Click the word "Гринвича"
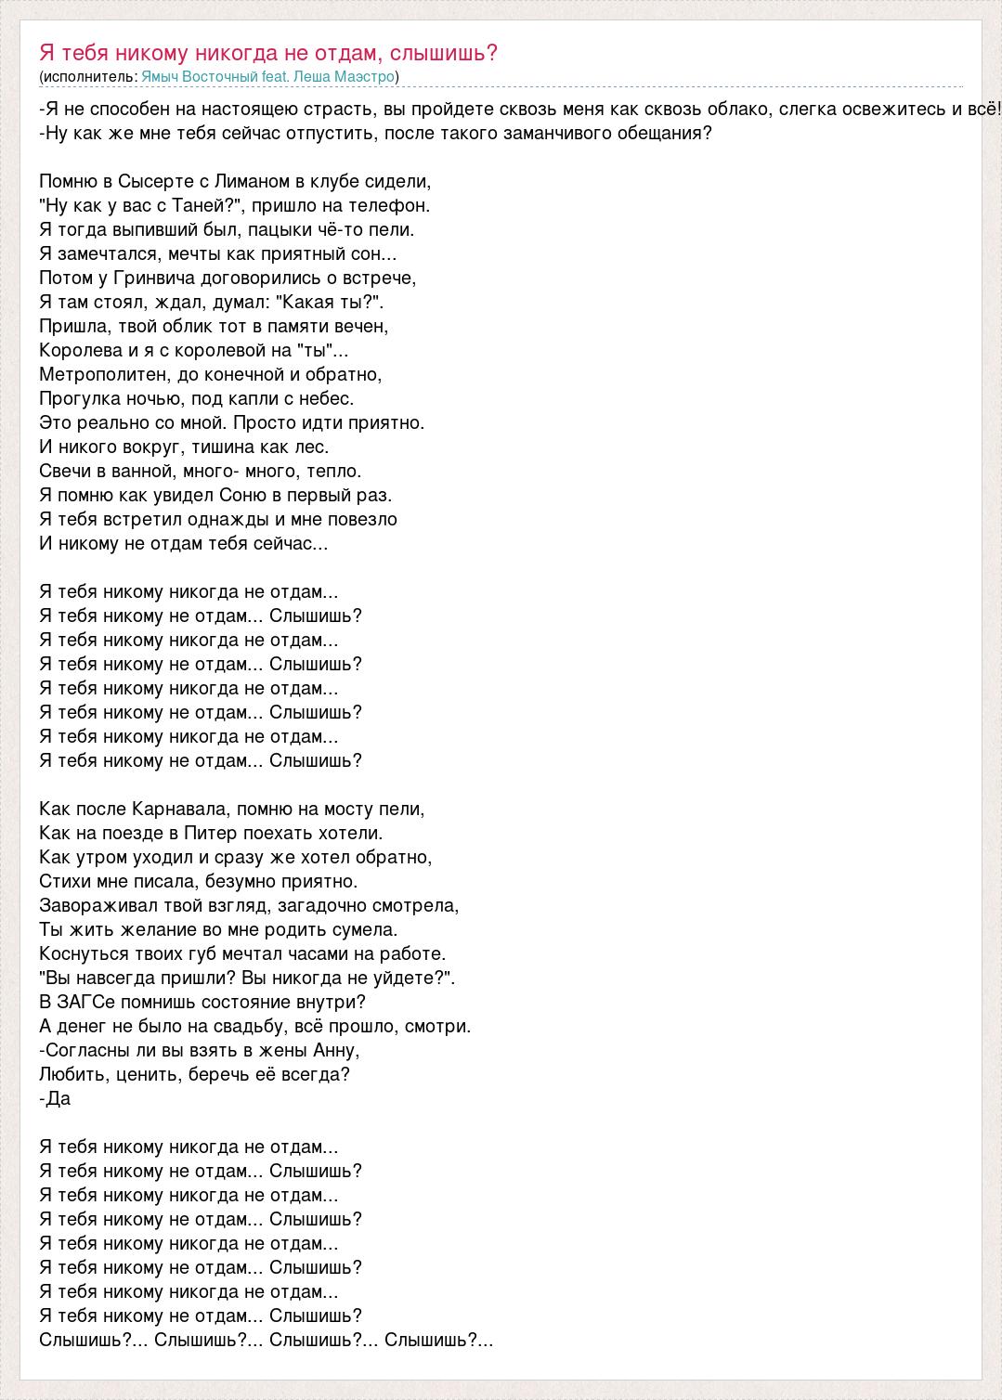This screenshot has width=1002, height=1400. click(x=148, y=278)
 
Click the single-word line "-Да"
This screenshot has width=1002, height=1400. click(x=56, y=1098)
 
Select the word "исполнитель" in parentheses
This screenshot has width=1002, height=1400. click(x=88, y=76)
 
